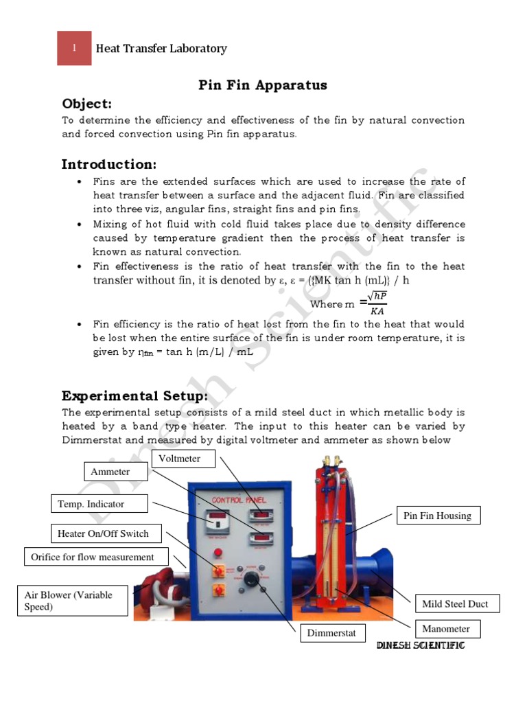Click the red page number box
[74, 48]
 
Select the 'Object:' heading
[86, 104]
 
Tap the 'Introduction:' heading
[109, 164]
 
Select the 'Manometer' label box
[446, 628]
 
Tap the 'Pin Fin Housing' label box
[438, 516]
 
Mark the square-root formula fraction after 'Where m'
[377, 303]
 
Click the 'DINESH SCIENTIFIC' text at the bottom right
[421, 646]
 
